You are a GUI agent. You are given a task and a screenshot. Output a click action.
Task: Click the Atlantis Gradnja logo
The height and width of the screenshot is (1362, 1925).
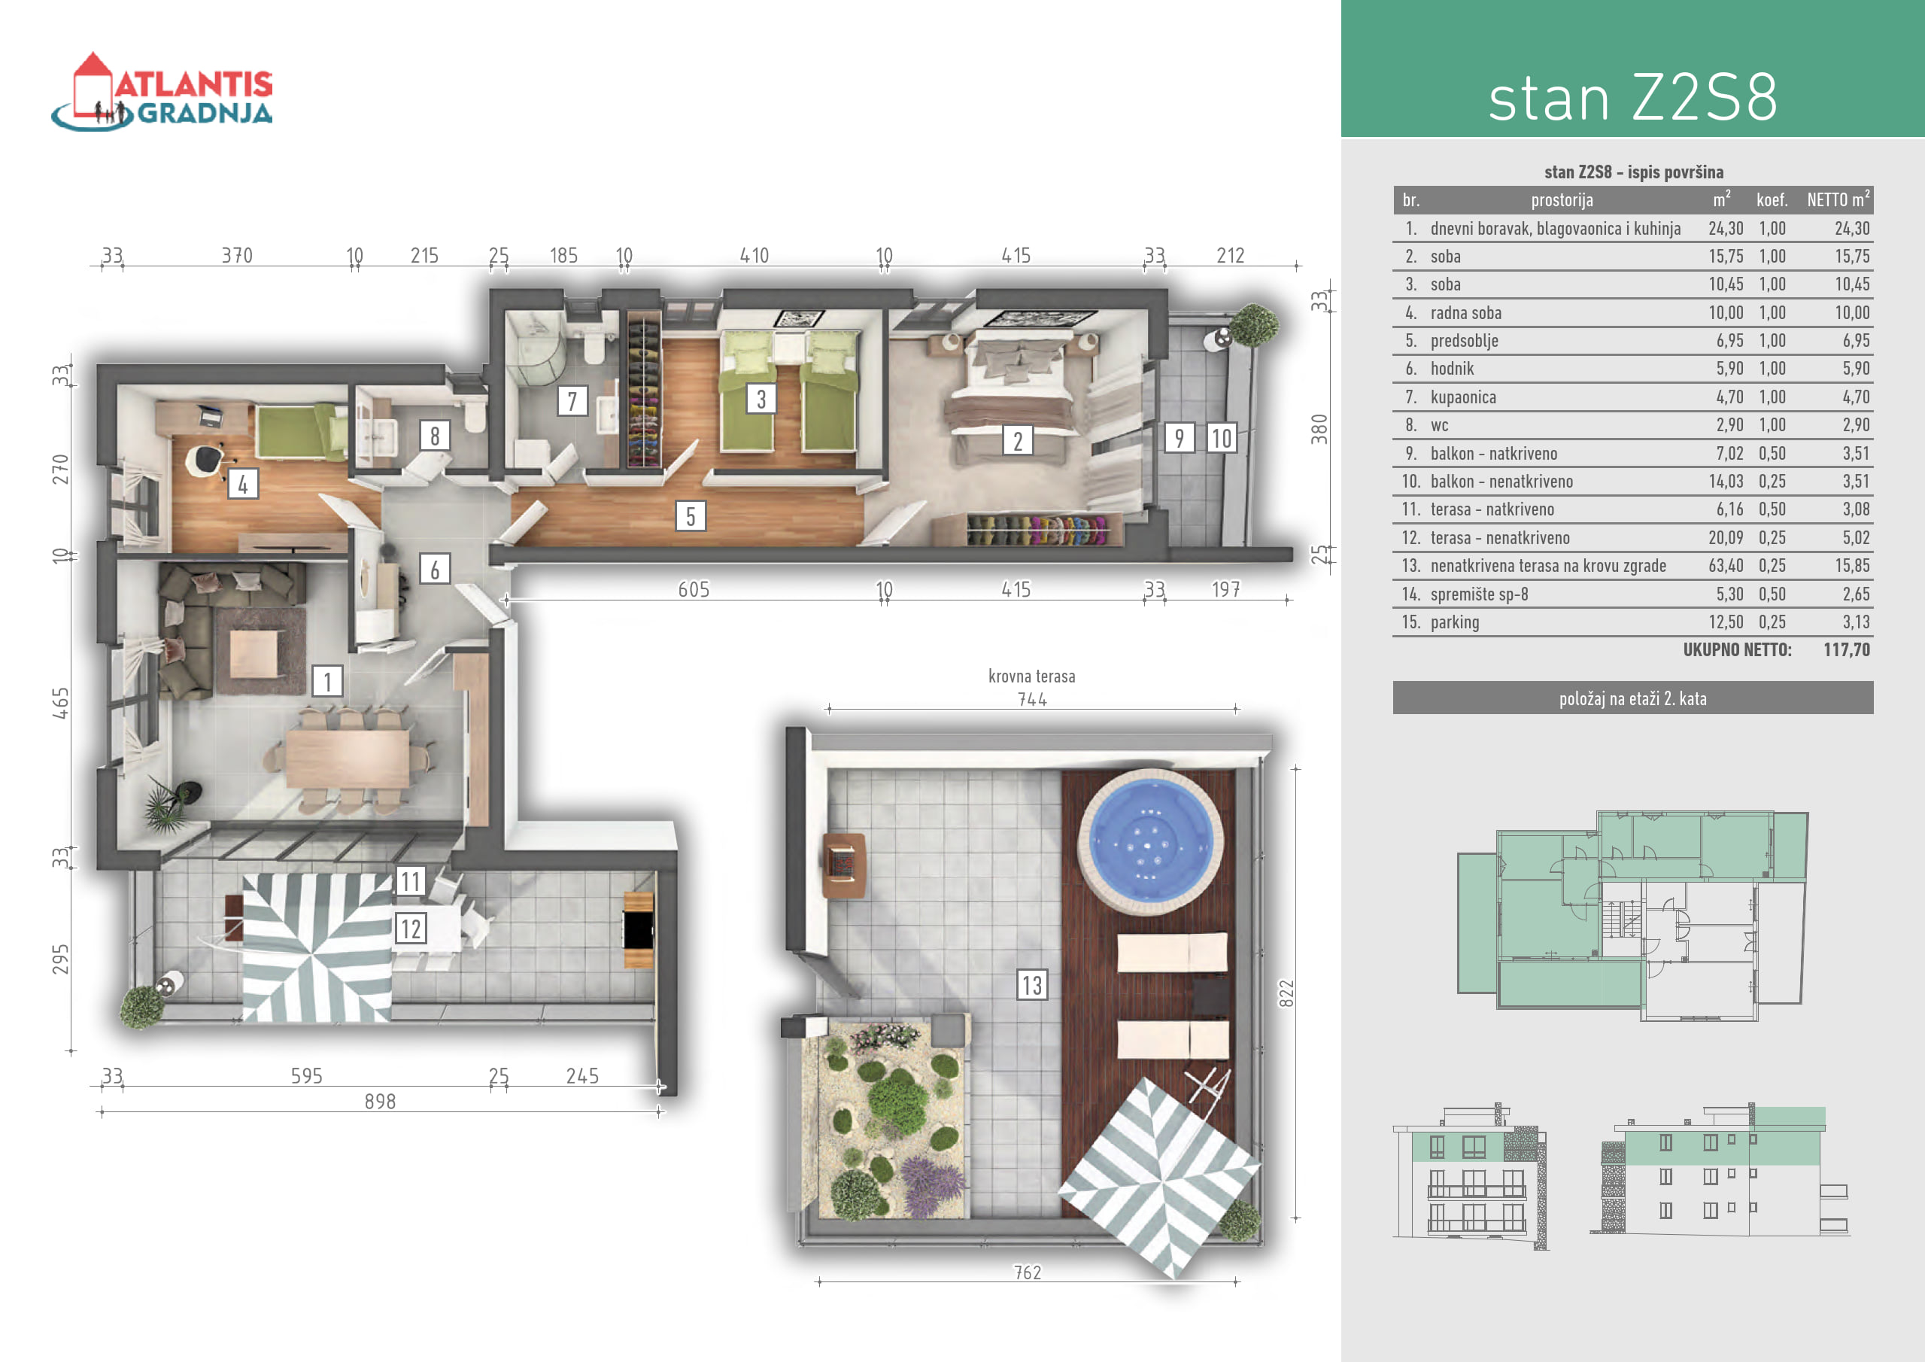[x=162, y=93]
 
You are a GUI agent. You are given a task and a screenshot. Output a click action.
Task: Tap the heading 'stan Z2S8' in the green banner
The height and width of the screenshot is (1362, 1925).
[x=1632, y=97]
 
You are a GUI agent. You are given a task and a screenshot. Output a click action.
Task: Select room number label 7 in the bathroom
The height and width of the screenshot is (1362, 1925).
[x=572, y=401]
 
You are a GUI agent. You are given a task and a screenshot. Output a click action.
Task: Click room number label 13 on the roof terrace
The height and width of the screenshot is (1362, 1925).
[x=1032, y=984]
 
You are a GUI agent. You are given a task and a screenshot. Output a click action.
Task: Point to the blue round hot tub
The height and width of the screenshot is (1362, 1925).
[x=1150, y=839]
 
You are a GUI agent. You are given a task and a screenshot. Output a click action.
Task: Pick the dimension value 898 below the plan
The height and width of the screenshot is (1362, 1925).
[x=380, y=1101]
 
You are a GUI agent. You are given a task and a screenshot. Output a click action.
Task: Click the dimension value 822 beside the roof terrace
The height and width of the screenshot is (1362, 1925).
[x=1287, y=994]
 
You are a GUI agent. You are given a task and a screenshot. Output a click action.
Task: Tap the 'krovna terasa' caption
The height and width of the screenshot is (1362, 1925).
[x=1031, y=676]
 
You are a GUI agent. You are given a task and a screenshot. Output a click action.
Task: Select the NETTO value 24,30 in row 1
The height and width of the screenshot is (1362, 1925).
[x=1851, y=228]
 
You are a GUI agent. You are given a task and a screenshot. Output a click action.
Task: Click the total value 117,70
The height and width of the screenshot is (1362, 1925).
[x=1846, y=649]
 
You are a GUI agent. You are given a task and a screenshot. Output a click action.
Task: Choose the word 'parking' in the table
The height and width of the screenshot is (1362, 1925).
[x=1455, y=622]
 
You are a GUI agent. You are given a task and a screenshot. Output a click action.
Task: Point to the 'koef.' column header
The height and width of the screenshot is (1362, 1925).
[x=1772, y=199]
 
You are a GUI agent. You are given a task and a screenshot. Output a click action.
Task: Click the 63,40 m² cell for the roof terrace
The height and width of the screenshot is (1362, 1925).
[x=1726, y=566]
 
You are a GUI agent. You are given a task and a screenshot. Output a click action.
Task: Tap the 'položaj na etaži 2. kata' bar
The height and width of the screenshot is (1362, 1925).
[x=1632, y=698]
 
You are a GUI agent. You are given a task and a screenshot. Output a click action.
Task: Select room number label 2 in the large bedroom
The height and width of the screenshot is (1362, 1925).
[x=1018, y=440]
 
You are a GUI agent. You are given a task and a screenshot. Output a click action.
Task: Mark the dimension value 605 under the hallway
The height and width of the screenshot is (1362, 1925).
[x=694, y=590]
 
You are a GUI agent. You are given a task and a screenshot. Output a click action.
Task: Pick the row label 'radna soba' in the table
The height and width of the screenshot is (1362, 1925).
[x=1465, y=313]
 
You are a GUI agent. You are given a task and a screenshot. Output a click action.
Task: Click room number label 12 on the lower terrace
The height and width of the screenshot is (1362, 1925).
[x=410, y=929]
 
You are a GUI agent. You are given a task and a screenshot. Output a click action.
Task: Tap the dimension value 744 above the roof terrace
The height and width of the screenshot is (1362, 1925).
[x=1032, y=700]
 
